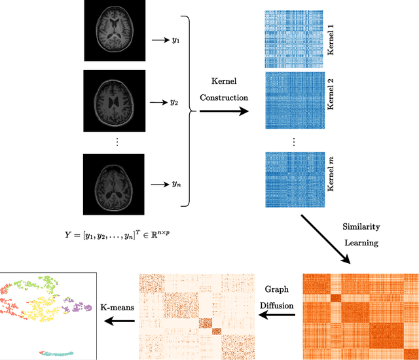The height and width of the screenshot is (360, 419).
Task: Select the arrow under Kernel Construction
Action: click(224, 112)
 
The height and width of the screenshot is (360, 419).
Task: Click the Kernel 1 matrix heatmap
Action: click(294, 39)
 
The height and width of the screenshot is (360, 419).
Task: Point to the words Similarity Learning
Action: click(361, 234)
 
